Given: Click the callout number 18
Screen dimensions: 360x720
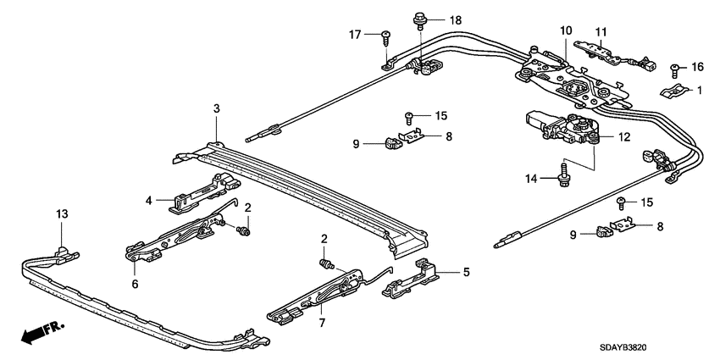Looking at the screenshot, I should point(456,19).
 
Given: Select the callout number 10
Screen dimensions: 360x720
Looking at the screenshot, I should point(565,31).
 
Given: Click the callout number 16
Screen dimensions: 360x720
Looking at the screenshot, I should point(698,66).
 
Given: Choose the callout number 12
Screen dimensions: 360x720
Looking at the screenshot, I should point(626,137).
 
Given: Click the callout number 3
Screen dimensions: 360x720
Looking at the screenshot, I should point(217,109).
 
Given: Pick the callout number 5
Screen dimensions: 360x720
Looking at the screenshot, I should point(465,272).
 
